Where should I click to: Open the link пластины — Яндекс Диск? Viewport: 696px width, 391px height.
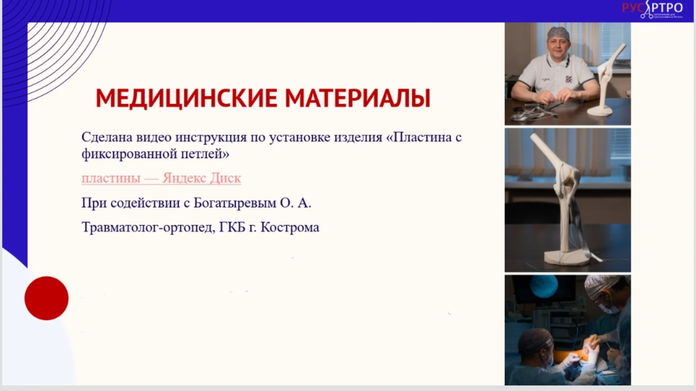pos(161,178)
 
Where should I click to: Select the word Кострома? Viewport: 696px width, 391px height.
pos(290,227)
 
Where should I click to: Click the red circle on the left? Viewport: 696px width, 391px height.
pos(46,298)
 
